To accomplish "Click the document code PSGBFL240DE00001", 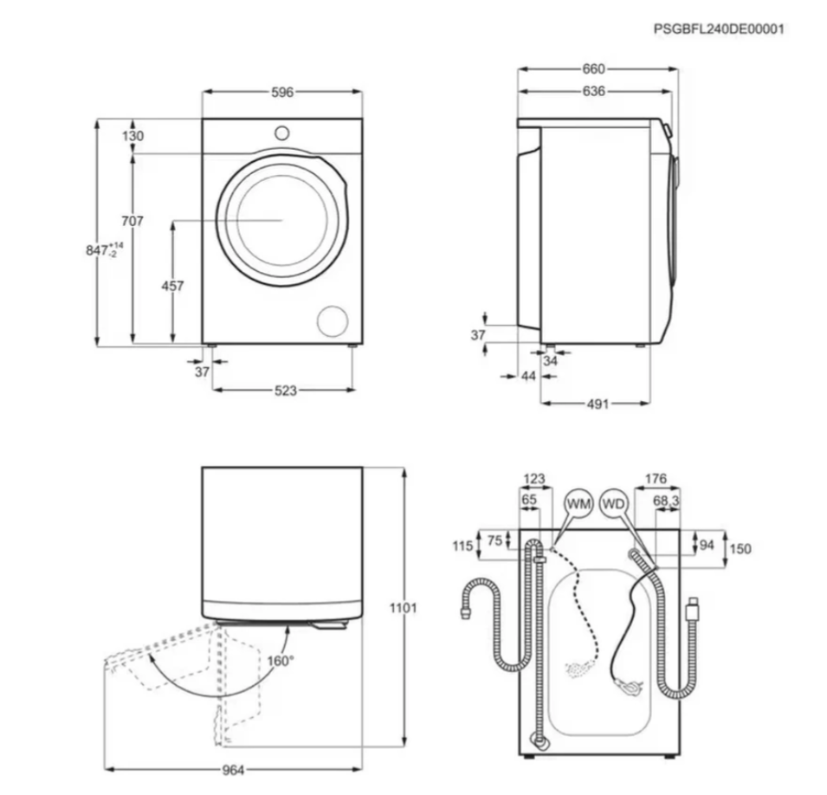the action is [x=719, y=29].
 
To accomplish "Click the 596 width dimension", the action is [x=282, y=93].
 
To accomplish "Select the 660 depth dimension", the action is [x=593, y=69].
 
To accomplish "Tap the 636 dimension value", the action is [x=593, y=91].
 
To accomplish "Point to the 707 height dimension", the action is [x=132, y=221].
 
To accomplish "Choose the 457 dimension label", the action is [x=172, y=286].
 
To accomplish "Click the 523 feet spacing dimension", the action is [x=285, y=391].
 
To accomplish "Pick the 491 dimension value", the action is [x=598, y=404].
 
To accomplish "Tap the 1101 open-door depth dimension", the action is [x=403, y=608].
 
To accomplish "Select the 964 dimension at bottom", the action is [x=233, y=770].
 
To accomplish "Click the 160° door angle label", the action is [x=280, y=661].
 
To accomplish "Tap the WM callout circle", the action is [x=578, y=504].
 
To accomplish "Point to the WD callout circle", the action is [x=613, y=504].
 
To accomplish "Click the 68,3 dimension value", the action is [x=666, y=500].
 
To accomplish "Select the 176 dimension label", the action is [x=656, y=479].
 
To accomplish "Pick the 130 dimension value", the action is [x=132, y=136].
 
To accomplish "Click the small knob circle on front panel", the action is [x=282, y=133].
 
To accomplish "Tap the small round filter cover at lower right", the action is [x=333, y=320].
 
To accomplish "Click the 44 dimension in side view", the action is [x=528, y=376].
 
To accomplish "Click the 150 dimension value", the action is [x=740, y=549].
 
